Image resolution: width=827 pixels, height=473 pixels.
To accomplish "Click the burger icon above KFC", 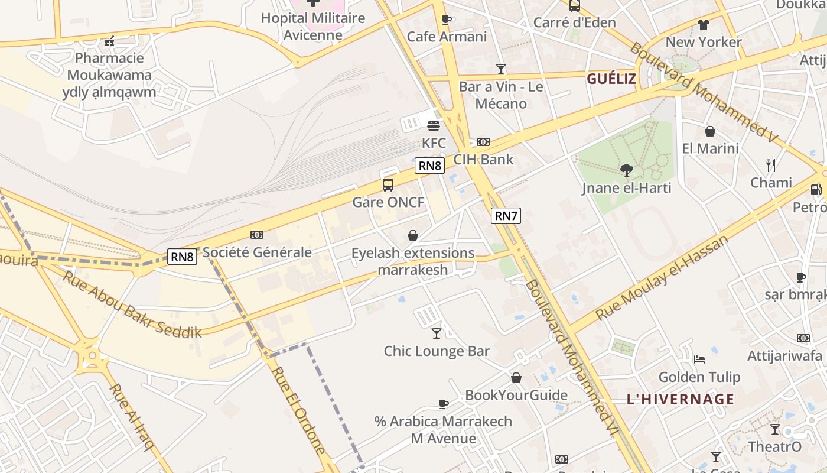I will [x=434, y=125].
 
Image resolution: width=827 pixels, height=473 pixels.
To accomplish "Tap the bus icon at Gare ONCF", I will [x=388, y=184].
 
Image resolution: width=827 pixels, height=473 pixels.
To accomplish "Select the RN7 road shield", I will [x=506, y=216].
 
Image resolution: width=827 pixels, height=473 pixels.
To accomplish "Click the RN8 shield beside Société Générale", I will [x=182, y=256].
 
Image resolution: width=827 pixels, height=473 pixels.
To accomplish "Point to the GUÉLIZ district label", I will [x=611, y=79].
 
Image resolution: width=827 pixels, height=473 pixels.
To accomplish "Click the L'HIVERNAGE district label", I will [x=681, y=399].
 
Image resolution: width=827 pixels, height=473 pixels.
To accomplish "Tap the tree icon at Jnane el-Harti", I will [x=627, y=171].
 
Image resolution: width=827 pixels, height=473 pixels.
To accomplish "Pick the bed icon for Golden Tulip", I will [x=699, y=359].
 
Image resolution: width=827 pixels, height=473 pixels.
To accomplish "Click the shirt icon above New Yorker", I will [x=703, y=25].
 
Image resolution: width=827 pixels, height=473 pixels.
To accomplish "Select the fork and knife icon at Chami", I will [x=771, y=166].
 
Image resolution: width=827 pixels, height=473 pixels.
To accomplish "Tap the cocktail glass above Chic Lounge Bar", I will [x=437, y=333].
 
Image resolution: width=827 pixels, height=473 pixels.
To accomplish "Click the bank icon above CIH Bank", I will [x=483, y=142].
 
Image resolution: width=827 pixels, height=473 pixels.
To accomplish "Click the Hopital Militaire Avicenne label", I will [x=313, y=27].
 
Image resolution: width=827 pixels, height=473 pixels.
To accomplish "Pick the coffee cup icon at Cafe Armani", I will [x=447, y=20].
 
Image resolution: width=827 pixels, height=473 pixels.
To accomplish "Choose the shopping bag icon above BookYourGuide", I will [x=516, y=378].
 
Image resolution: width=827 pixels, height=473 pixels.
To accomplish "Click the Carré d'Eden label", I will [x=575, y=22].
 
